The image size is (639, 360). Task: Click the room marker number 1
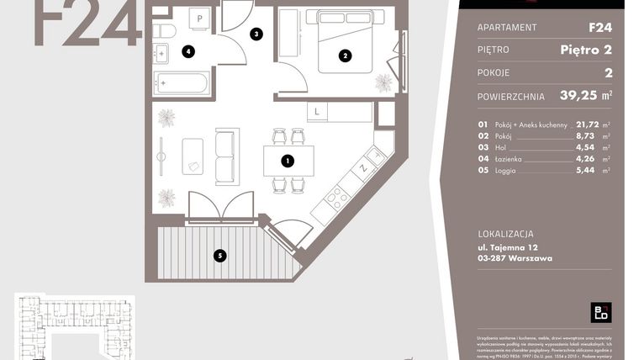pos(287,160)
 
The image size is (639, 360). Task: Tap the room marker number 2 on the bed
pos(344,56)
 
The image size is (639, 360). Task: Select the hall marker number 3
pos(256,34)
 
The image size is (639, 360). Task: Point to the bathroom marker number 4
pos(189,51)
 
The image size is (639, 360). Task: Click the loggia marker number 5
pos(219,256)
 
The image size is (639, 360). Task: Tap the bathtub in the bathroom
pos(182,83)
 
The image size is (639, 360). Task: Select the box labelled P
pos(202,18)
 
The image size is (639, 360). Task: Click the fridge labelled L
pos(316,111)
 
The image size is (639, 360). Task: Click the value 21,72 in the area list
pos(588,124)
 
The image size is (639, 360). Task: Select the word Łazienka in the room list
pos(514,158)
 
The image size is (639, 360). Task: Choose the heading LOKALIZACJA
pos(504,234)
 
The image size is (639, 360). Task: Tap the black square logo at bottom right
pos(600,312)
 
